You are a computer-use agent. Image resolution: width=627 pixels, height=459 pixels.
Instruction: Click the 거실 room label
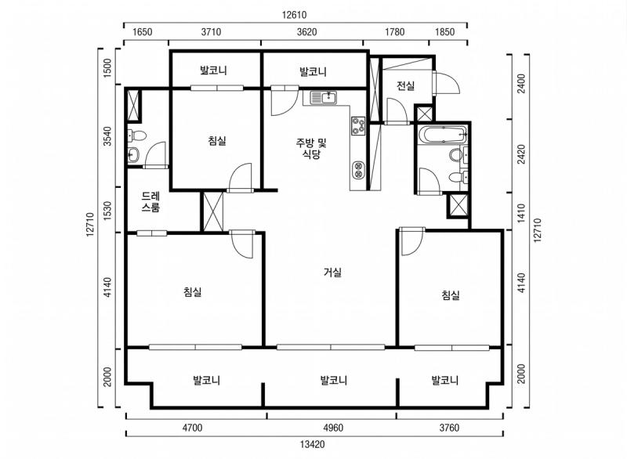tap(332, 273)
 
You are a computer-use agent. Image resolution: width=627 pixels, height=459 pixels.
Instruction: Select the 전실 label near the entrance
tap(404, 86)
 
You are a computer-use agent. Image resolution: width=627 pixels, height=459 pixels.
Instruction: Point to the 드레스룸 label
tap(151, 202)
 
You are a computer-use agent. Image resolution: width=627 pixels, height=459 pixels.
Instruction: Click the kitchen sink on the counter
tap(324, 98)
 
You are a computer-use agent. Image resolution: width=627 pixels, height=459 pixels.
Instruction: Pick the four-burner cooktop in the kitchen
tap(358, 125)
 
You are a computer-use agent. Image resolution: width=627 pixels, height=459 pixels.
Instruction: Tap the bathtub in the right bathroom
tap(443, 135)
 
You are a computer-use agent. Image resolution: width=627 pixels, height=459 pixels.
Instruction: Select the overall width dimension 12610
tap(295, 14)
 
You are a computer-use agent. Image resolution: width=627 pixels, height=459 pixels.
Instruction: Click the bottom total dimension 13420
tap(312, 444)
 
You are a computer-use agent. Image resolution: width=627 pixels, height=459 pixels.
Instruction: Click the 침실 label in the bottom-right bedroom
tap(450, 295)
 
